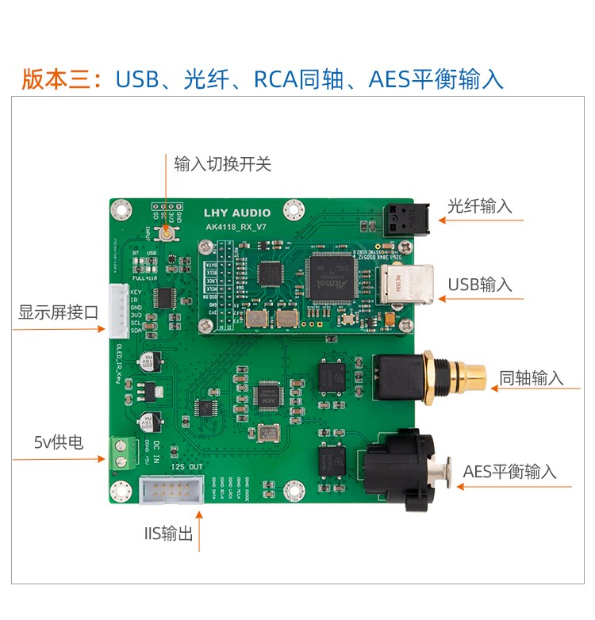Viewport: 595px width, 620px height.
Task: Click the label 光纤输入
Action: pos(479,206)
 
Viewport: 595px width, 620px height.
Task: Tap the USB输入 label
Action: pos(480,285)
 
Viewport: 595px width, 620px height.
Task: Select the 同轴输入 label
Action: pos(531,378)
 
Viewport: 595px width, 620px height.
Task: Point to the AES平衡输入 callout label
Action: pos(509,471)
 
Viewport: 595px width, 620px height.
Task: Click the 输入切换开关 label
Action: pos(222,164)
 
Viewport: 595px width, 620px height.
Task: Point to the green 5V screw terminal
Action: pos(123,450)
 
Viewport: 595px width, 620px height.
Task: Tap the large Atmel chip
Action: pos(331,277)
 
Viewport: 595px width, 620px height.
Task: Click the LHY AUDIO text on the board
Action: pos(237,212)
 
